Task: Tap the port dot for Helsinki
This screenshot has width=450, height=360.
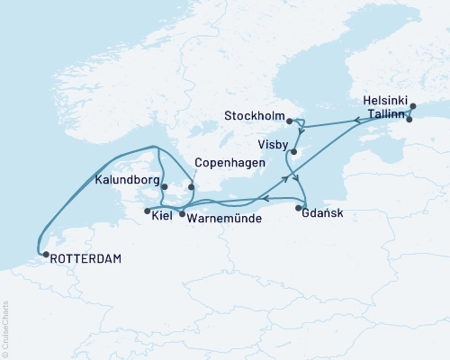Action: [413, 107]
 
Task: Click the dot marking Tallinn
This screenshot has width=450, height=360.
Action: [409, 119]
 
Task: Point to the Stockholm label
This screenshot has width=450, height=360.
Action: [255, 117]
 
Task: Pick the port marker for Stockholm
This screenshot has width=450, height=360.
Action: [289, 119]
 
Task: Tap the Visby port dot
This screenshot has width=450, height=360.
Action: [293, 151]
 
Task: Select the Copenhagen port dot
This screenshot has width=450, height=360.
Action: [191, 187]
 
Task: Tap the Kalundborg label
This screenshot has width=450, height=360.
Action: [126, 179]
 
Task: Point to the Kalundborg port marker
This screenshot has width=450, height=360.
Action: [164, 187]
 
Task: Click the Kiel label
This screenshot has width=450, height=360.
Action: [162, 217]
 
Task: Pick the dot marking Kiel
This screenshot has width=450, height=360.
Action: [147, 211]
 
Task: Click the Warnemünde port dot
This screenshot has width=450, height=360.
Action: [182, 214]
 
